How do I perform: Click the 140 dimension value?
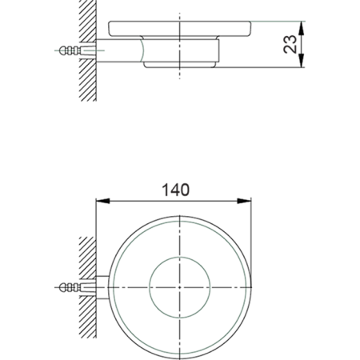pos(175,190)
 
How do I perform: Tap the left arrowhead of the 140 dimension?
pos(101,201)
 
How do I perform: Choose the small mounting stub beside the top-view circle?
pos(102,286)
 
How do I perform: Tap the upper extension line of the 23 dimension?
pos(280,20)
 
